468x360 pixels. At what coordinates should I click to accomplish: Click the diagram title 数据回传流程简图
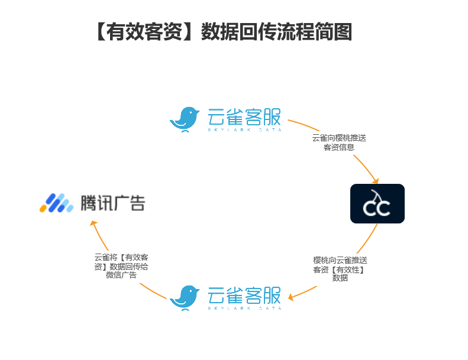pyautogui.click(x=276, y=31)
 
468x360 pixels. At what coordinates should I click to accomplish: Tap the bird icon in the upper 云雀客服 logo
pyautogui.click(x=185, y=119)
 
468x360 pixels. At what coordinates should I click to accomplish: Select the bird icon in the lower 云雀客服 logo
pyautogui.click(x=185, y=298)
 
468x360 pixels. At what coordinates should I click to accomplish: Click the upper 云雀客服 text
pyautogui.click(x=244, y=116)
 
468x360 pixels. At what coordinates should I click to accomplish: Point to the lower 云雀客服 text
pyautogui.click(x=244, y=296)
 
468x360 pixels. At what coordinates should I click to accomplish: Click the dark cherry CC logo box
pyautogui.click(x=377, y=203)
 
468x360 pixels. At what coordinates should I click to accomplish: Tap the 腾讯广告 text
pyautogui.click(x=113, y=203)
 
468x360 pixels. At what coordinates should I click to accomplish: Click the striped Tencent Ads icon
pyautogui.click(x=56, y=203)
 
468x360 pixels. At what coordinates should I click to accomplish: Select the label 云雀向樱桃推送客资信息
pyautogui.click(x=339, y=142)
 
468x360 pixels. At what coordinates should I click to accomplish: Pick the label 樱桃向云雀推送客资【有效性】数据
pyautogui.click(x=340, y=269)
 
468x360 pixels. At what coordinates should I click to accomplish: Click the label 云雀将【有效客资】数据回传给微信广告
pyautogui.click(x=121, y=266)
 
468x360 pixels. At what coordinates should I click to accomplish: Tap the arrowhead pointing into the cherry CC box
pyautogui.click(x=376, y=181)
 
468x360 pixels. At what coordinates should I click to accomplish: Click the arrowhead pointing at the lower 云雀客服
pyautogui.click(x=291, y=297)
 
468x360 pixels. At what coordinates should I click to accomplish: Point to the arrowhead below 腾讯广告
pyautogui.click(x=93, y=223)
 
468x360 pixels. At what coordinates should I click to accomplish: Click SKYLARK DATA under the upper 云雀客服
pyautogui.click(x=244, y=129)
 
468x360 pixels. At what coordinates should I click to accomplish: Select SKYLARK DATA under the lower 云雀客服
pyautogui.click(x=244, y=308)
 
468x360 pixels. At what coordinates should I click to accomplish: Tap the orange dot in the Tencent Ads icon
pyautogui.click(x=43, y=209)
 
